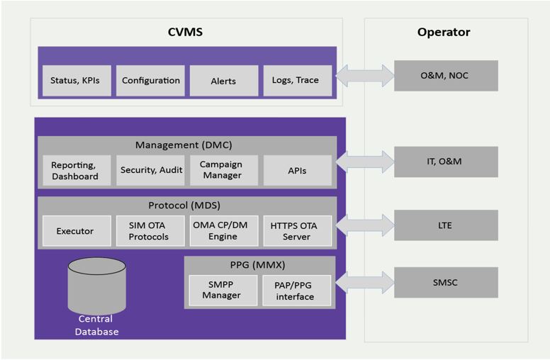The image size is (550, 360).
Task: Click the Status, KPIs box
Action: click(x=76, y=81)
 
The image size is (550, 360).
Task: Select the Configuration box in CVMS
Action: click(x=150, y=81)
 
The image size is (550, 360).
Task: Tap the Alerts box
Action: click(x=223, y=81)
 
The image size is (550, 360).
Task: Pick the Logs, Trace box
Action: click(x=296, y=81)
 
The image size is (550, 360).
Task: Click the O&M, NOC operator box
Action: click(x=446, y=76)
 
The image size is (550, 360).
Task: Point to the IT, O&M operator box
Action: click(x=446, y=162)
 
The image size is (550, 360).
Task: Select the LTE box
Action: click(x=446, y=225)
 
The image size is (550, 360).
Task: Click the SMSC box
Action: click(x=446, y=283)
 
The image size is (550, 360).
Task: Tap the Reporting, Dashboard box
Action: click(x=76, y=171)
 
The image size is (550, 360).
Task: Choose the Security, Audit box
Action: click(x=150, y=171)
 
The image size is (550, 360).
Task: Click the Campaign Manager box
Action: click(x=223, y=171)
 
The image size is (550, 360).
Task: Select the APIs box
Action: click(x=297, y=171)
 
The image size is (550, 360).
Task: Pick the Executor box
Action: click(x=76, y=231)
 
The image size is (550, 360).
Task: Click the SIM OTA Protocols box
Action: click(x=150, y=231)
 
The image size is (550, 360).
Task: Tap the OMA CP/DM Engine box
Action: click(x=223, y=231)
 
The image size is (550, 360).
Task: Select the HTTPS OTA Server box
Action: click(x=297, y=231)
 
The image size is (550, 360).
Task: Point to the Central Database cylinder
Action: click(x=96, y=287)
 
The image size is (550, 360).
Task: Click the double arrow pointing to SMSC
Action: click(x=364, y=283)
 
